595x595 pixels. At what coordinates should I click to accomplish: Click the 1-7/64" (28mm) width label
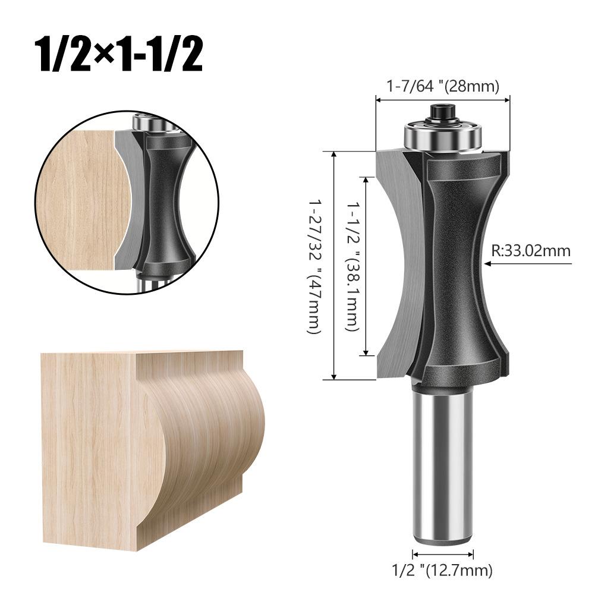(442, 86)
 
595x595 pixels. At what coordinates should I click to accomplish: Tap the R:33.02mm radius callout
(530, 250)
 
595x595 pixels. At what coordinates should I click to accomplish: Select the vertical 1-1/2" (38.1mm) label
(353, 265)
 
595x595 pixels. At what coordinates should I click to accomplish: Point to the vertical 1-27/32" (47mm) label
(314, 265)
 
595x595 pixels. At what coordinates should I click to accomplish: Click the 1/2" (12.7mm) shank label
(443, 571)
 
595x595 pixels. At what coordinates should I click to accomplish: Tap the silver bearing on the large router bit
(443, 136)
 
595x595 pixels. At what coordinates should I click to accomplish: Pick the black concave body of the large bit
(455, 262)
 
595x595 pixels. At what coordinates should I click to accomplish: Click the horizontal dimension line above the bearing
(443, 100)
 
